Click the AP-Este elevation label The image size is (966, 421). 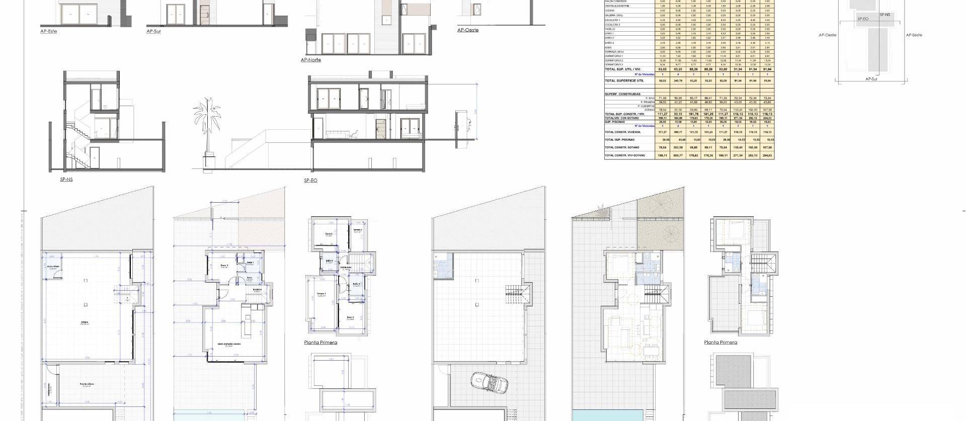point(49,31)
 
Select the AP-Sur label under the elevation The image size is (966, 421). point(154,31)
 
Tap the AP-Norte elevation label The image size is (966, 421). point(310,60)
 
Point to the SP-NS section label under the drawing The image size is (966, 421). point(66,180)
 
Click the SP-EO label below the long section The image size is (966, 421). point(310,180)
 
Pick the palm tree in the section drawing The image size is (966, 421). point(207,131)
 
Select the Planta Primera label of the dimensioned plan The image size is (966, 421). point(320,343)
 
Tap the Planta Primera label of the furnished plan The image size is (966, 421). point(720,343)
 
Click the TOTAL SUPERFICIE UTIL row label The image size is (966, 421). point(624,80)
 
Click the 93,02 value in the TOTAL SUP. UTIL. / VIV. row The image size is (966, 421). point(662,69)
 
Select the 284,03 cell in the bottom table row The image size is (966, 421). point(767,156)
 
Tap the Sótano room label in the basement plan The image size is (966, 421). point(84,322)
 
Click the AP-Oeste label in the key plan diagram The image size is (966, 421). point(828,35)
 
